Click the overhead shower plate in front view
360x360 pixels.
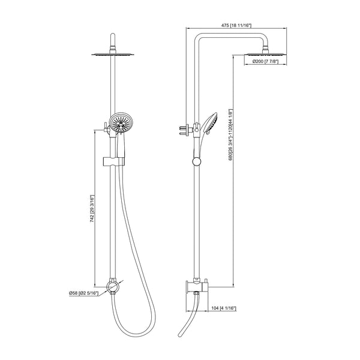pyautogui.click(x=112, y=55)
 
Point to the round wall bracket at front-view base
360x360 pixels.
pyautogui.click(x=112, y=284)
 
